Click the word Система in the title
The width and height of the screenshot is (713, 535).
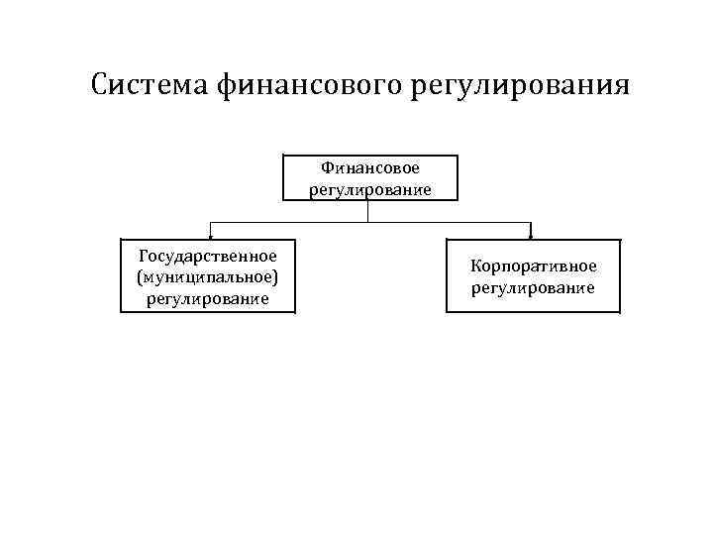click(x=147, y=84)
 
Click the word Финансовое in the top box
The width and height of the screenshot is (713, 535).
click(x=370, y=169)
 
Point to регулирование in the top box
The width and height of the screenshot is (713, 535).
click(x=370, y=189)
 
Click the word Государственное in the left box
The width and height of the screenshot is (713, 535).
click(x=207, y=257)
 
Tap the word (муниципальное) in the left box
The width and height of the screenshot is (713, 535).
click(x=207, y=276)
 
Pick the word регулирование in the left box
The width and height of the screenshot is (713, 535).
click(x=207, y=297)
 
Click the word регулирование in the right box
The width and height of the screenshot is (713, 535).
click(x=533, y=287)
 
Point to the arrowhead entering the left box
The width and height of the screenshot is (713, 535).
click(x=209, y=237)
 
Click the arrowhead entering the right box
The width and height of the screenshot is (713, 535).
click(x=532, y=237)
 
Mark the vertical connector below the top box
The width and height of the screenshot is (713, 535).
click(x=368, y=210)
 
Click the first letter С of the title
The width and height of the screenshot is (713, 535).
click(x=99, y=84)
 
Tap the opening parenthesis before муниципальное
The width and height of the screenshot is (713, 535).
click(x=141, y=277)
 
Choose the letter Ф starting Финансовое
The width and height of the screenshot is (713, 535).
click(x=326, y=169)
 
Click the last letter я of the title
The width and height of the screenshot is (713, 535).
click(x=621, y=86)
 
